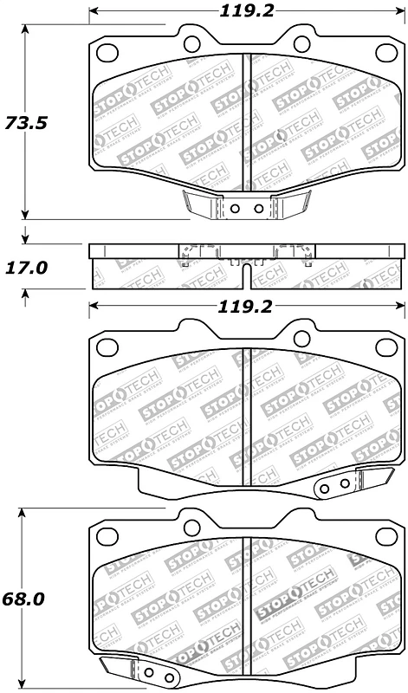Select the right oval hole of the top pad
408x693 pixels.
[302, 43]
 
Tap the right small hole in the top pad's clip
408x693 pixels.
[258, 208]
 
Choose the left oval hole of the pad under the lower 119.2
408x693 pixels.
[107, 347]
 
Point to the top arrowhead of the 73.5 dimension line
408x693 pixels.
[26, 29]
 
